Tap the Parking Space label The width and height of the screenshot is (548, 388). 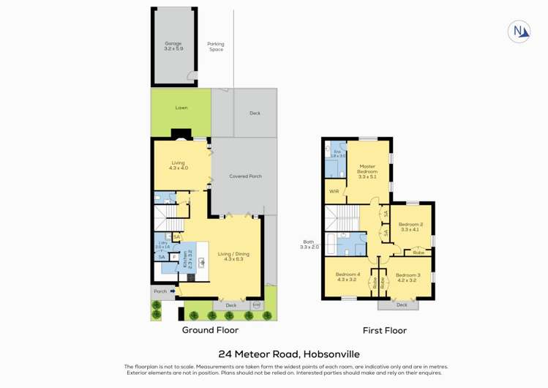216,46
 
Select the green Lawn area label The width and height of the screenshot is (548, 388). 181,108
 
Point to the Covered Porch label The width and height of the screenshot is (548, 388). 245,176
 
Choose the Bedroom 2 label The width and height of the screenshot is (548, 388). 410,227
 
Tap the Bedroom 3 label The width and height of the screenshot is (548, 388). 406,277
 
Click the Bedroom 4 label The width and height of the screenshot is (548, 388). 346,277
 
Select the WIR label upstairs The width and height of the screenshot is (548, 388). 334,191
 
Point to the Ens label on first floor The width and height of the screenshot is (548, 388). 337,154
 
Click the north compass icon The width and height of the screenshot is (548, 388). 519,31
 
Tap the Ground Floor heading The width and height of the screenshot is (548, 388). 211,330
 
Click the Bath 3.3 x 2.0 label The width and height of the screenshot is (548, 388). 309,245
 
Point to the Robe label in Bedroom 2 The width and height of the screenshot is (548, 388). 418,253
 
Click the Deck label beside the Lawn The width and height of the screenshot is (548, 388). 255,113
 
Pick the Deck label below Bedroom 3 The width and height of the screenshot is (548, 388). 402,305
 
